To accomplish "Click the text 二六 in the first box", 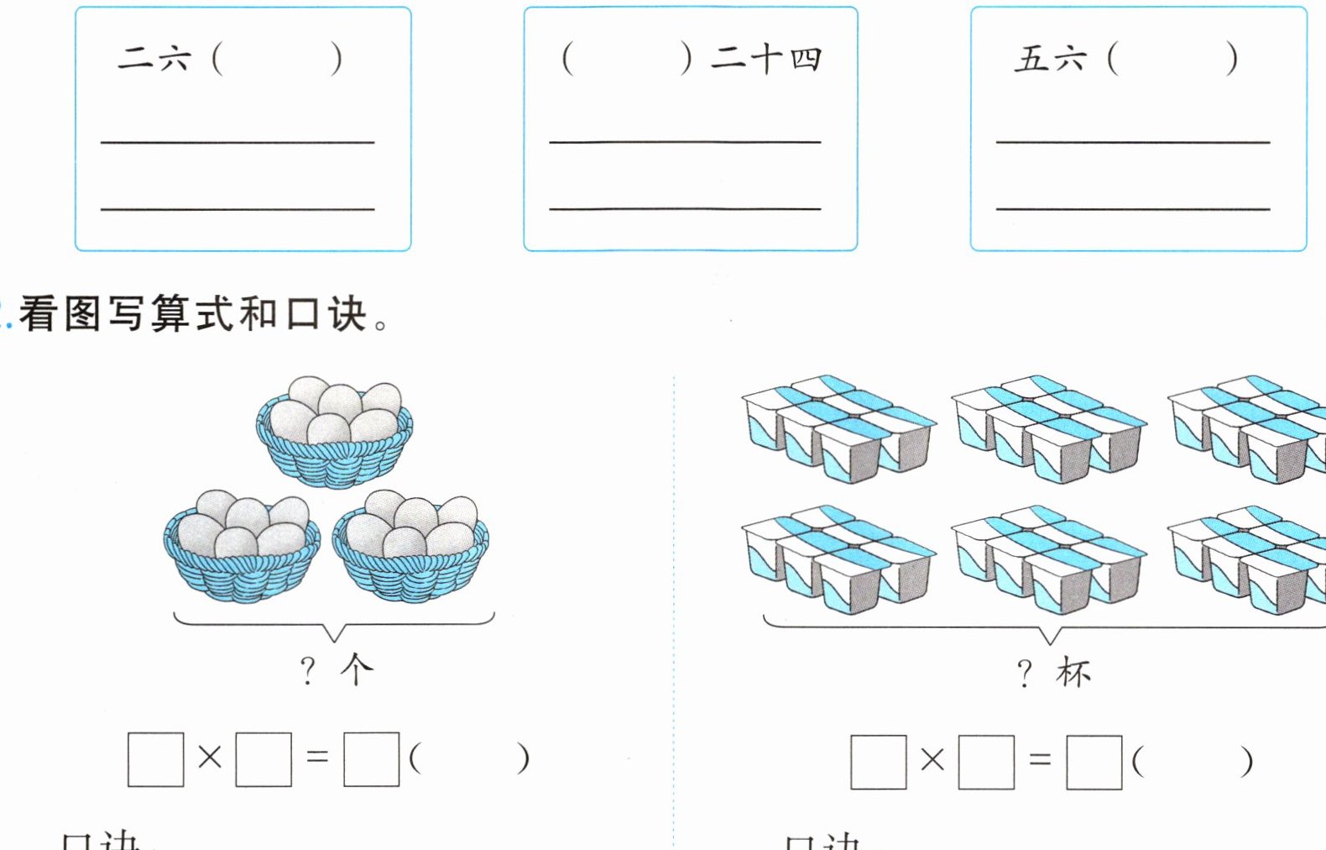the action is (x=154, y=59).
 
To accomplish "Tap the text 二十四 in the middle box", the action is (x=765, y=59).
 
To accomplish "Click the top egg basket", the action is (x=334, y=433).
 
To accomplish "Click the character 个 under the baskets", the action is (x=357, y=669).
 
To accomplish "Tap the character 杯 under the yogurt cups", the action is (x=1073, y=673).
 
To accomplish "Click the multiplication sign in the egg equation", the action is (x=210, y=758).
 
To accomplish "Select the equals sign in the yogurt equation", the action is (x=1040, y=760).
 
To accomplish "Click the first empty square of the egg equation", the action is (x=156, y=759).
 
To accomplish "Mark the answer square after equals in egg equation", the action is (x=371, y=759).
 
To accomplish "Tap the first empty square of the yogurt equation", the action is (x=878, y=762).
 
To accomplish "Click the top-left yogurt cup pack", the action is (x=838, y=428).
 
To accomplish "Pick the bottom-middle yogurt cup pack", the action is (x=1048, y=559).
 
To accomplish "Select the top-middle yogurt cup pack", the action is (x=1048, y=428).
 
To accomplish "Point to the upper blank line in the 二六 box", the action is (x=238, y=142).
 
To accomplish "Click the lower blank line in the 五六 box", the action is (x=1133, y=208).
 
